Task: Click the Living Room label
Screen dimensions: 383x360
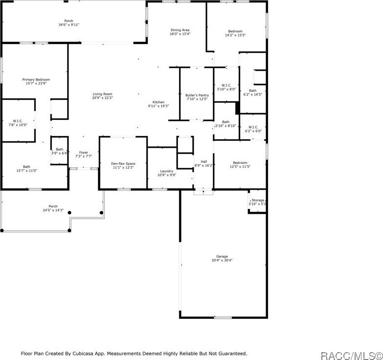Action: [x=102, y=94]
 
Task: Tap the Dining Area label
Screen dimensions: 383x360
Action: [x=180, y=30]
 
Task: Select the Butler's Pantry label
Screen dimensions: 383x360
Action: [x=197, y=95]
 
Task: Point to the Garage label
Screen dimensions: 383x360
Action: [x=222, y=256]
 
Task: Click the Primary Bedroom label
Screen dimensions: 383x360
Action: [x=36, y=80]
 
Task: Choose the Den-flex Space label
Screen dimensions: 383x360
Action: [x=123, y=164]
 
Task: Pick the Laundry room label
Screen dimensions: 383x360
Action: [x=167, y=171]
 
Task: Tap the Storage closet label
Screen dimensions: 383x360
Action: [x=258, y=200]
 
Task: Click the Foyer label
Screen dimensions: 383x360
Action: [x=84, y=153]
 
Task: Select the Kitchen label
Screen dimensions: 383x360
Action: [x=158, y=102]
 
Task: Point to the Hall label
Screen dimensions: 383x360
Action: [x=204, y=162]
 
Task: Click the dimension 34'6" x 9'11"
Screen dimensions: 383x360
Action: [x=69, y=24]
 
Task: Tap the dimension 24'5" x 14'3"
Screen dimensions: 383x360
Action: [x=53, y=210]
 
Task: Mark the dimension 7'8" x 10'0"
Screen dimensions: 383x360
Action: [x=18, y=125]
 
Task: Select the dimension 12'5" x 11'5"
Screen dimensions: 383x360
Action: [x=240, y=167]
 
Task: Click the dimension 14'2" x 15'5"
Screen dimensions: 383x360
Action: [x=235, y=35]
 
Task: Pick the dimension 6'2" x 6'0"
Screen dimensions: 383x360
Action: [x=253, y=131]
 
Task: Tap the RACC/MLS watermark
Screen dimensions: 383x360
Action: [x=352, y=356]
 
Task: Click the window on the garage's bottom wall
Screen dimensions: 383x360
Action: [x=223, y=317]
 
